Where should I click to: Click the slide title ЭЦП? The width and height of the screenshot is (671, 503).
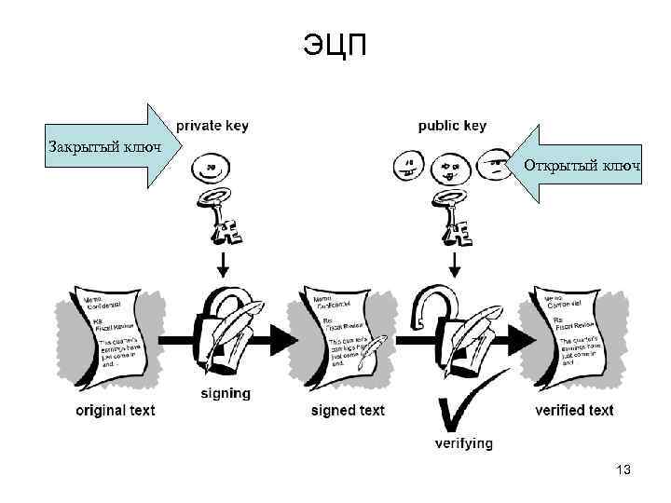[335, 44]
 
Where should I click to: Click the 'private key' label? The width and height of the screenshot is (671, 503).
[212, 126]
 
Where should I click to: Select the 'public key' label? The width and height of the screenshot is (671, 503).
[452, 126]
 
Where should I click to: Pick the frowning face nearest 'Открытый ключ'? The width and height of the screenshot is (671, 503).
[496, 168]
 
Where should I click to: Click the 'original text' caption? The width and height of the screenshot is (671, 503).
[116, 410]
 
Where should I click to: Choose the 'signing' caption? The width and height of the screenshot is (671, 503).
[226, 393]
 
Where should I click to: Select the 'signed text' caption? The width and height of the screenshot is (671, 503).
[348, 410]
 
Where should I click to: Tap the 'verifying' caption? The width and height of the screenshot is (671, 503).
[463, 443]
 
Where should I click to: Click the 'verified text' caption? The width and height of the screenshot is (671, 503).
[574, 410]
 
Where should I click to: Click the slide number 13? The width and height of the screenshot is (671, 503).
[623, 470]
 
